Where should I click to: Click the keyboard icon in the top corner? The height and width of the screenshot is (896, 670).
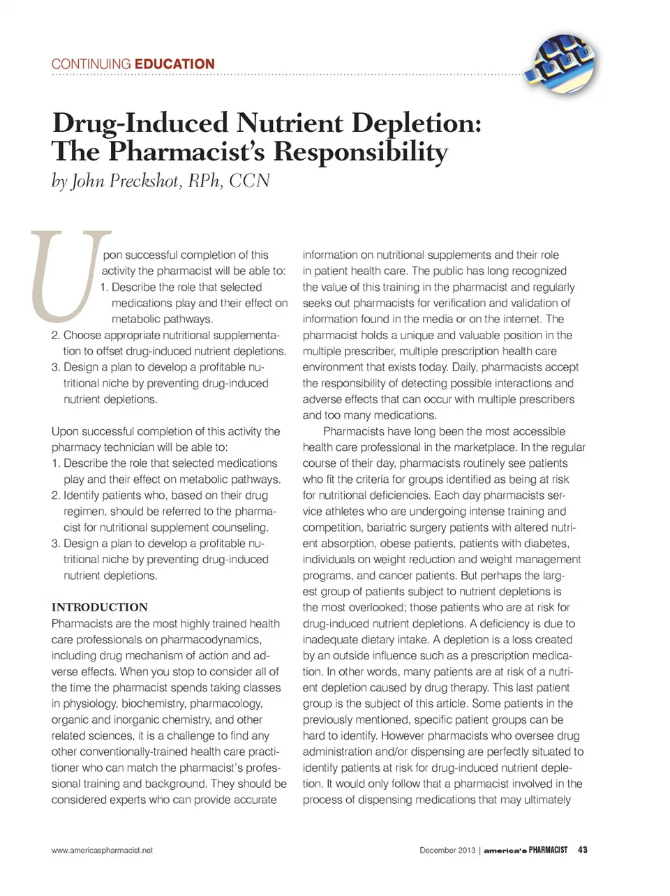click(563, 61)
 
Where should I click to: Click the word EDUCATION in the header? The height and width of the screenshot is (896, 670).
click(174, 64)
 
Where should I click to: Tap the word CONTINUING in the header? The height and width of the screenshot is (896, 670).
click(91, 64)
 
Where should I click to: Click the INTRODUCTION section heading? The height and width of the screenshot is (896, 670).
click(100, 607)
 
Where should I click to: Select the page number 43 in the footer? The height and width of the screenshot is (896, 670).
click(583, 850)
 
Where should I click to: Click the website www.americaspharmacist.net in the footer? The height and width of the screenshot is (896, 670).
click(102, 850)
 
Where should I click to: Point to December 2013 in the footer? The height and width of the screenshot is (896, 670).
click(447, 850)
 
